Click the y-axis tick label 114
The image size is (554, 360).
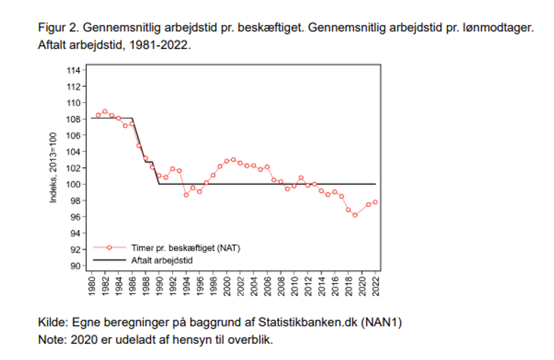point(73,70)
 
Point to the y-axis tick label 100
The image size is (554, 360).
point(73,185)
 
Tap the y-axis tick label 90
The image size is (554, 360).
point(76,266)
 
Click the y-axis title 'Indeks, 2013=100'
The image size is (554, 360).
point(53,168)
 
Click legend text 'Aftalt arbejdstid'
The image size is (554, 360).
point(162,260)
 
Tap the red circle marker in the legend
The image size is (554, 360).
point(109,247)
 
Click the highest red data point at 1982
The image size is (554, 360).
point(105,112)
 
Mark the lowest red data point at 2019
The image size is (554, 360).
point(355,215)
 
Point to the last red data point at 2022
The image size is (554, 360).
point(375,202)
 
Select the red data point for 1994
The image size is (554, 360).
point(186,195)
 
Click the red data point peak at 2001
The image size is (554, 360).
point(233,160)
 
